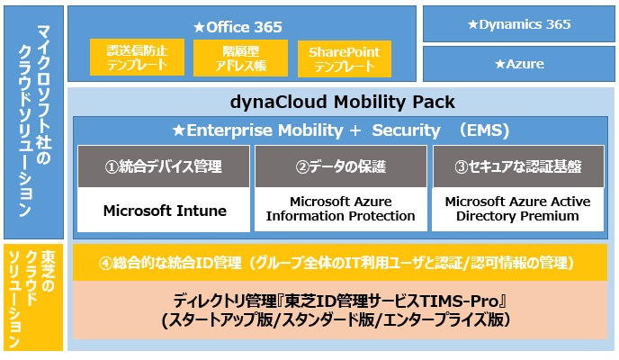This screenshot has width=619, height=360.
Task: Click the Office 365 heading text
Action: click(242, 28)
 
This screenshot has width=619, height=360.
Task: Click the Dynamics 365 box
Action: click(518, 25)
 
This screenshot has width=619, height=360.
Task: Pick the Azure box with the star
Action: click(518, 64)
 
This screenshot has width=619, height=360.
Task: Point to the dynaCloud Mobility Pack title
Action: click(341, 102)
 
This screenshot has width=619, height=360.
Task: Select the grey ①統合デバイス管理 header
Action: click(163, 166)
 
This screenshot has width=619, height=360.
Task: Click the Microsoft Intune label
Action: click(163, 211)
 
